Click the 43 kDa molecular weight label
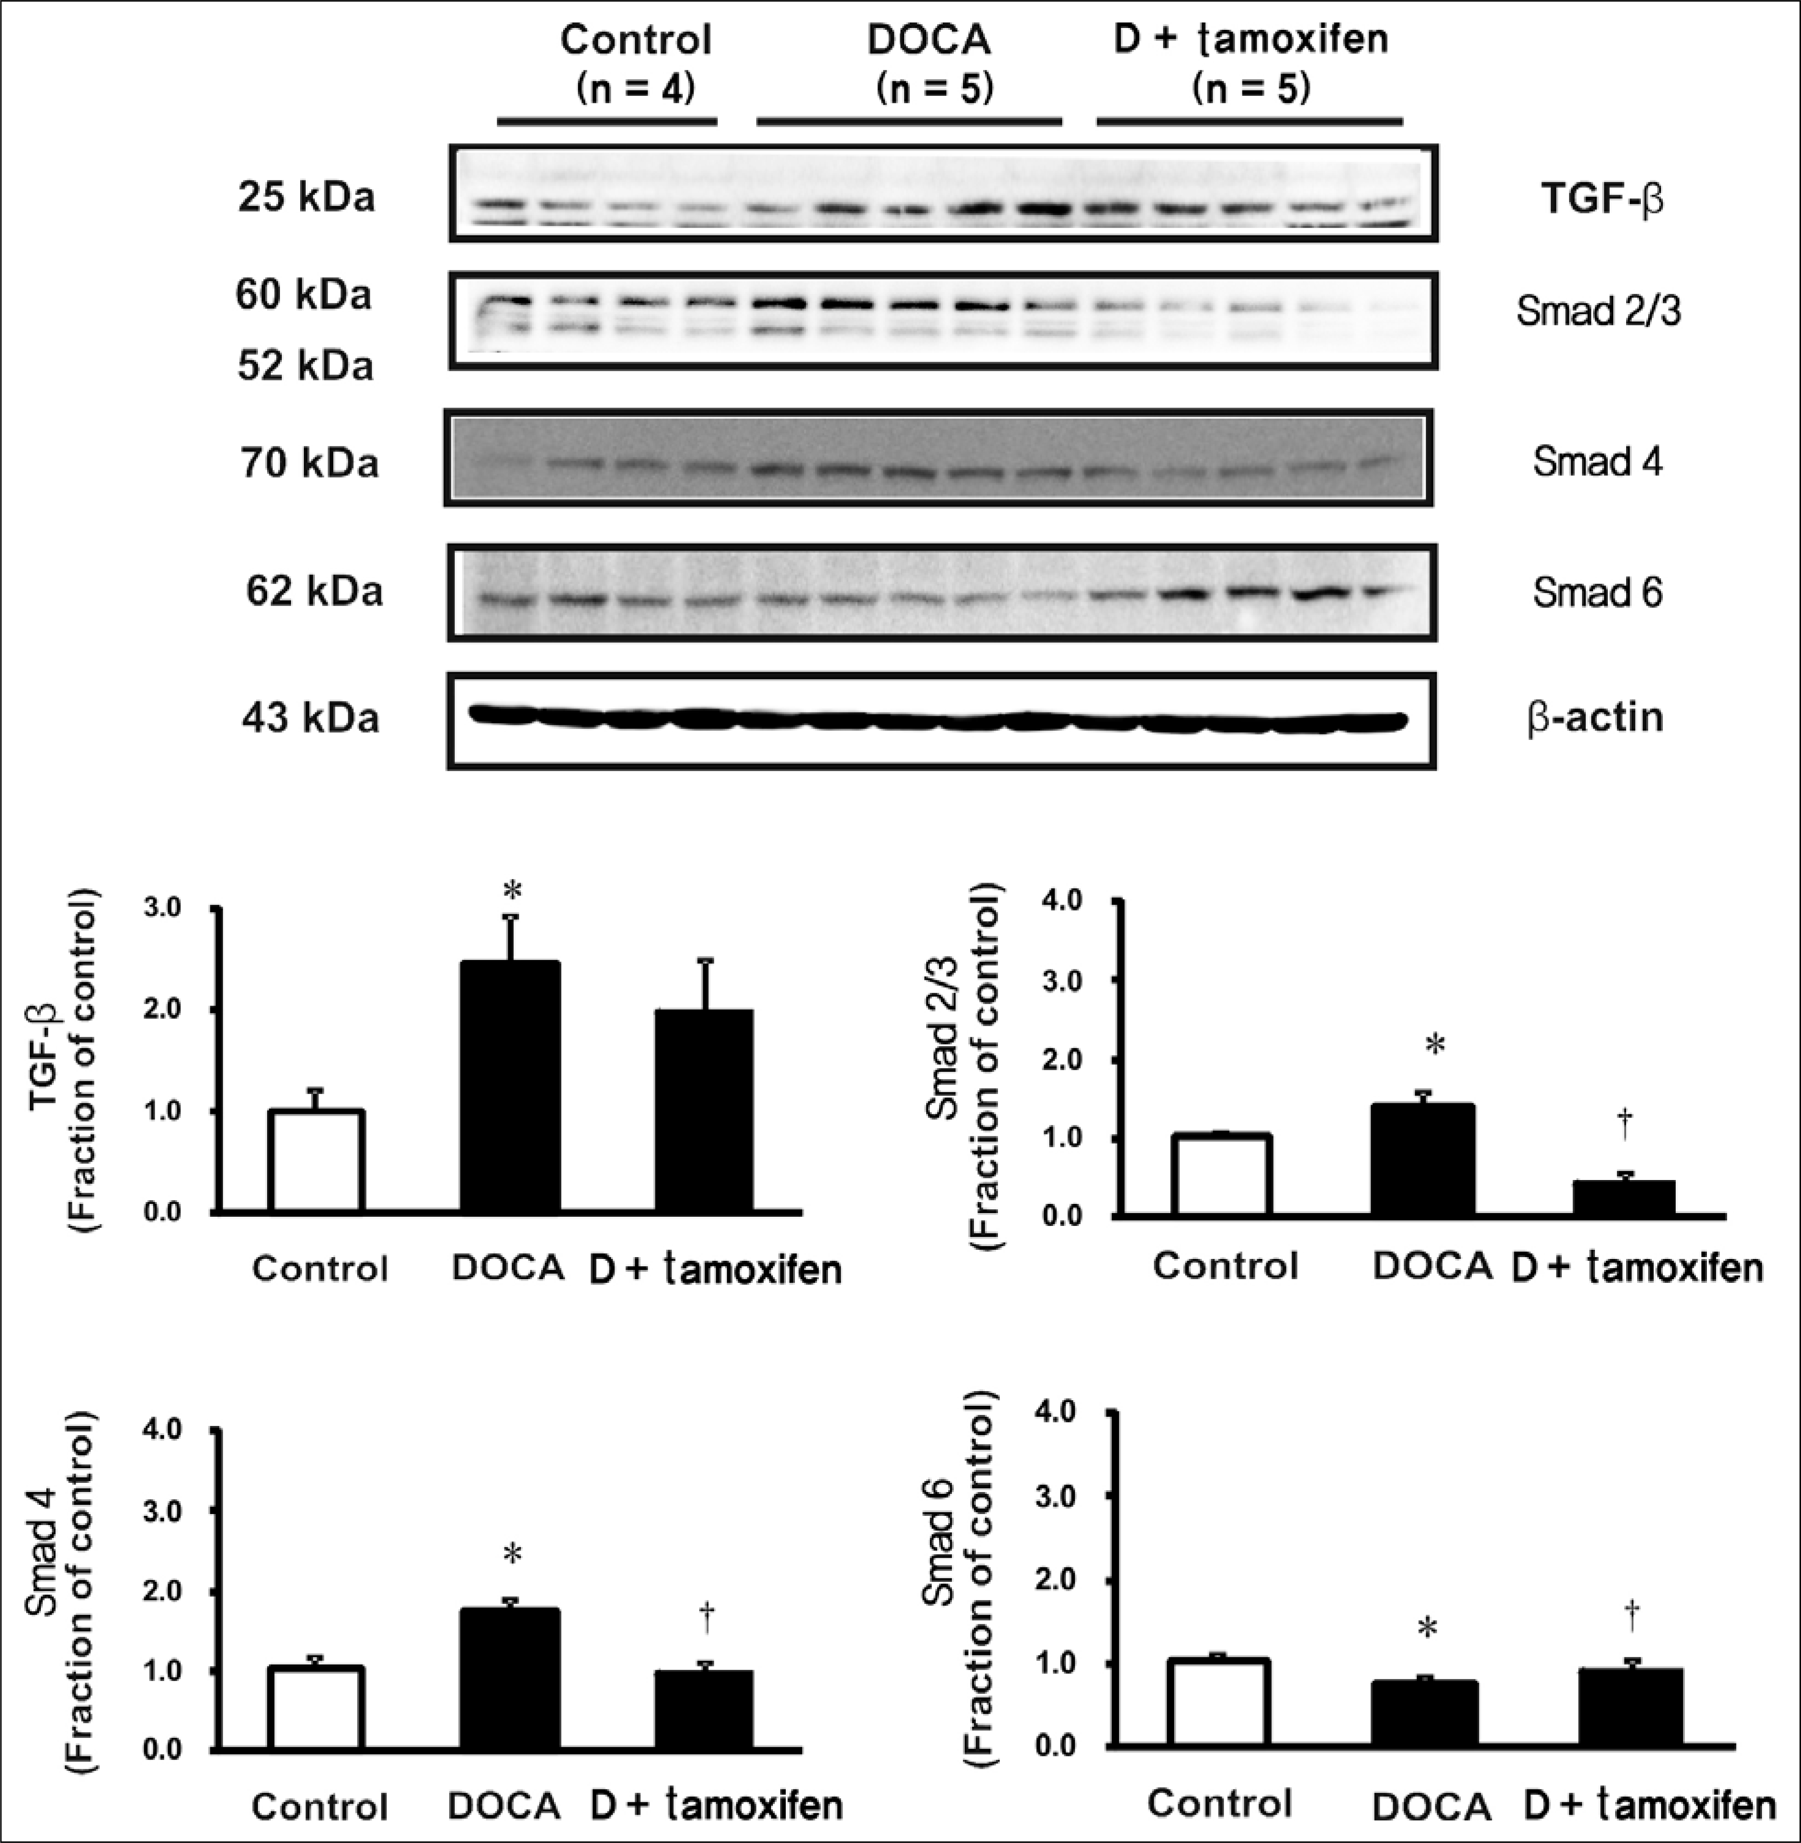[x=310, y=718]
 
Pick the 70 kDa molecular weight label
[x=309, y=463]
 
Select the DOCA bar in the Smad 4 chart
[x=510, y=1678]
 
